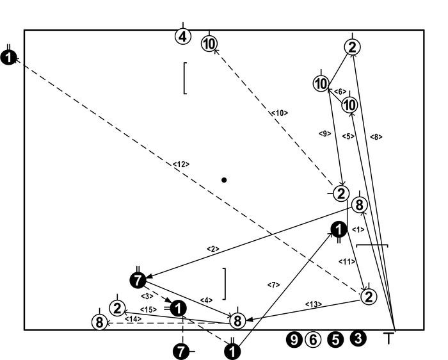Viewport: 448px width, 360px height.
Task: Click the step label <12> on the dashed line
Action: click(181, 165)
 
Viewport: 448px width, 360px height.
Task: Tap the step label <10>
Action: click(279, 113)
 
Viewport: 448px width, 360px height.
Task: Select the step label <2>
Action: click(213, 249)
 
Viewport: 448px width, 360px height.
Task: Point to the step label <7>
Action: click(274, 284)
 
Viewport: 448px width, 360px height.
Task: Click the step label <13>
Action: click(313, 304)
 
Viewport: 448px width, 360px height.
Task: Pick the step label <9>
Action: click(324, 133)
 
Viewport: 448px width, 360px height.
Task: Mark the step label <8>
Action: click(376, 136)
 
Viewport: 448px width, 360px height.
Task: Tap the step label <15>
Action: click(148, 310)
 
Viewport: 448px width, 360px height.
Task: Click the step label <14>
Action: click(132, 318)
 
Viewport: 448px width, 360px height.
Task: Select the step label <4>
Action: click(206, 300)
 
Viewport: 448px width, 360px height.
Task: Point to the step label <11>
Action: click(346, 261)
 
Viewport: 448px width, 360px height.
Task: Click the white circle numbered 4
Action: click(183, 36)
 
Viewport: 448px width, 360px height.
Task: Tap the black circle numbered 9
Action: click(294, 340)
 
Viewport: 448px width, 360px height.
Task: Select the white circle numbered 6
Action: click(312, 340)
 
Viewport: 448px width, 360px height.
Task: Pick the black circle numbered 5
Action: click(335, 340)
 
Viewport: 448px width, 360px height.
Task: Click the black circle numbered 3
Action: click(358, 339)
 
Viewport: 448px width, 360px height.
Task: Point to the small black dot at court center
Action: click(224, 180)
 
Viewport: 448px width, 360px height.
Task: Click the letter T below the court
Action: click(388, 339)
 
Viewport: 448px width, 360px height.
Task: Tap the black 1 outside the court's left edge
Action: click(8, 58)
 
